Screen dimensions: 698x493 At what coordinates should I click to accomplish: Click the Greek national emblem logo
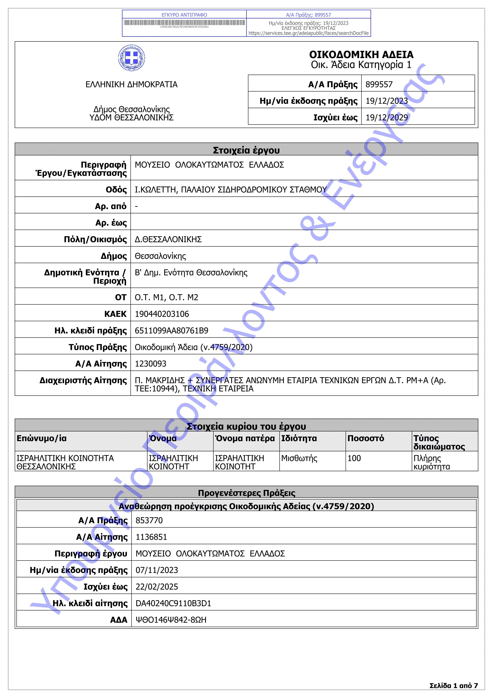131,58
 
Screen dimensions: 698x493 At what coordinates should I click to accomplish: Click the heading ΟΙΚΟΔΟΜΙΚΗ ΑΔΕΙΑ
361,55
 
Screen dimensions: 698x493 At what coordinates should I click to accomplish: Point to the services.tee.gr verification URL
309,33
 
